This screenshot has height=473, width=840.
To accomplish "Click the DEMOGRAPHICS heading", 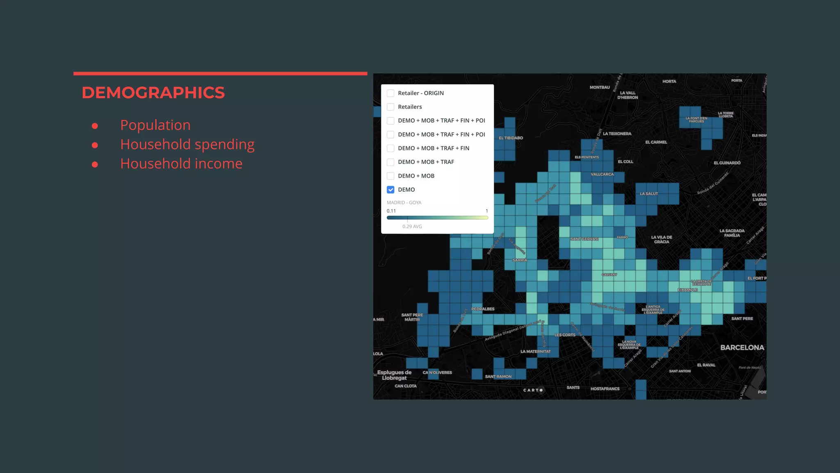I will click(153, 93).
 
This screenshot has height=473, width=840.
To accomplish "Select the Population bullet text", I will click(155, 125).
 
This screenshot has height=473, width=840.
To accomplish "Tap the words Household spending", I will click(187, 144).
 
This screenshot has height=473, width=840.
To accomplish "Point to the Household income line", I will click(181, 163).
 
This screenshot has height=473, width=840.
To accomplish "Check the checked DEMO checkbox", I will click(390, 190).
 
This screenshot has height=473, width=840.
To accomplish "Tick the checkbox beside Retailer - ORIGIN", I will click(390, 93).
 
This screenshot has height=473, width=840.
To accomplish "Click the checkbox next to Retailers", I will click(390, 107).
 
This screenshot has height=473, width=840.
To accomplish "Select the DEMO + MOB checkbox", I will click(390, 176).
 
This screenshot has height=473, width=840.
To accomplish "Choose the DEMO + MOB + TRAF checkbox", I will click(390, 162).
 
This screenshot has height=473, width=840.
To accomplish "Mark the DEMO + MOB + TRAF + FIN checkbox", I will click(390, 148).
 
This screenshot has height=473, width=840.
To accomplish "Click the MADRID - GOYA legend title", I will click(404, 202).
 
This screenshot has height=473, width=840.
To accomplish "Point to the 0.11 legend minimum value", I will click(391, 211).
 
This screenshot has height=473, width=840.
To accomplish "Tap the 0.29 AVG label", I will click(412, 226).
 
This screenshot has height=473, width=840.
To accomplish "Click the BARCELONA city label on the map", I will click(742, 347).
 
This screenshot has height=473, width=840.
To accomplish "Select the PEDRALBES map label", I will click(483, 309).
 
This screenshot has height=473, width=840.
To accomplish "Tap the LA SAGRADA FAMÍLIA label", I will click(732, 233).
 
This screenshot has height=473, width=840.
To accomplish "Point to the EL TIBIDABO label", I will click(511, 138).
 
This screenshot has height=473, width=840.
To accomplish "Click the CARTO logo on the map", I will click(533, 390).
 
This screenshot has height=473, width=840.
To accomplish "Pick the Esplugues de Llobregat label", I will click(394, 375).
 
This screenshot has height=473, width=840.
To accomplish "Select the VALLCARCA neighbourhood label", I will click(602, 174).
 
